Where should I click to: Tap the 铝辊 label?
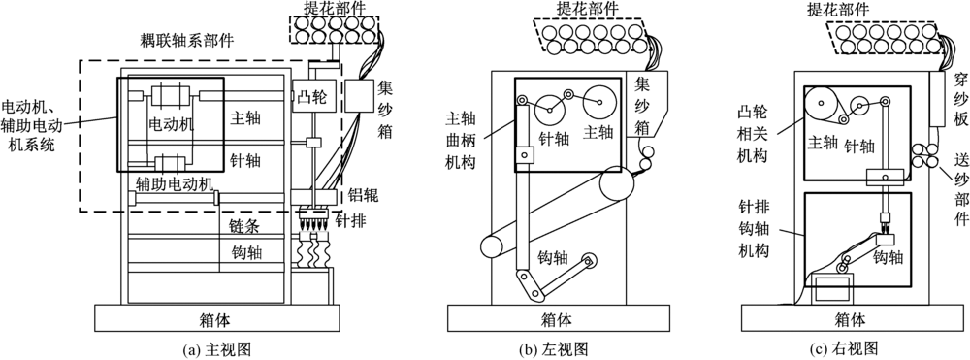363,197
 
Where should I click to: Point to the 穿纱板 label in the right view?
959,102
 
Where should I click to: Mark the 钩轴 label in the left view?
553,256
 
